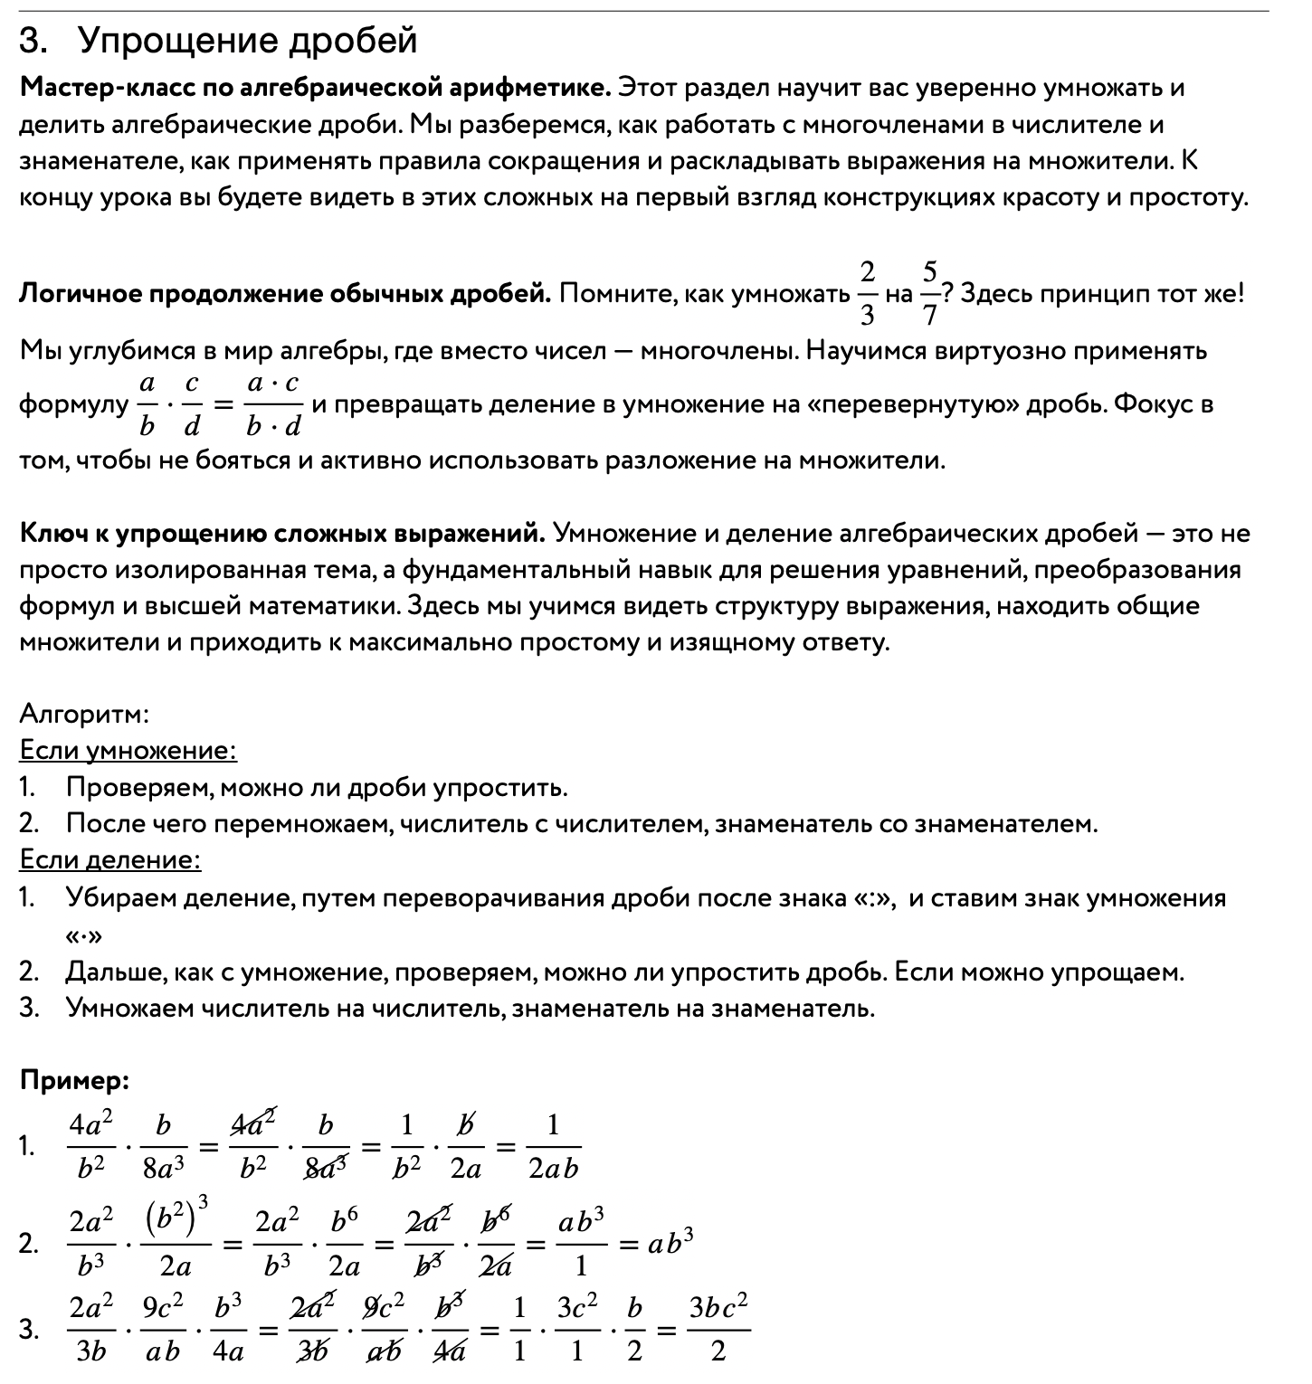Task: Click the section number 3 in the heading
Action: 32,42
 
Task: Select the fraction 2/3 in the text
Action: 867,293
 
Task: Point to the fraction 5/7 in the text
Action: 929,293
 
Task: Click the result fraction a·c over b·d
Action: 272,404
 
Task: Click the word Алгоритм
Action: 84,715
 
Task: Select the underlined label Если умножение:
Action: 128,751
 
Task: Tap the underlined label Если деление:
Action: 109,859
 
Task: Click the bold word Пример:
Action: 75,1080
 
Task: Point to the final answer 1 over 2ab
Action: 553,1147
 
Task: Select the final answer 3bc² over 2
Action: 718,1329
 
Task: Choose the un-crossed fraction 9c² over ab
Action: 162,1329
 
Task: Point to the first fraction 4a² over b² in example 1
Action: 90,1147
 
